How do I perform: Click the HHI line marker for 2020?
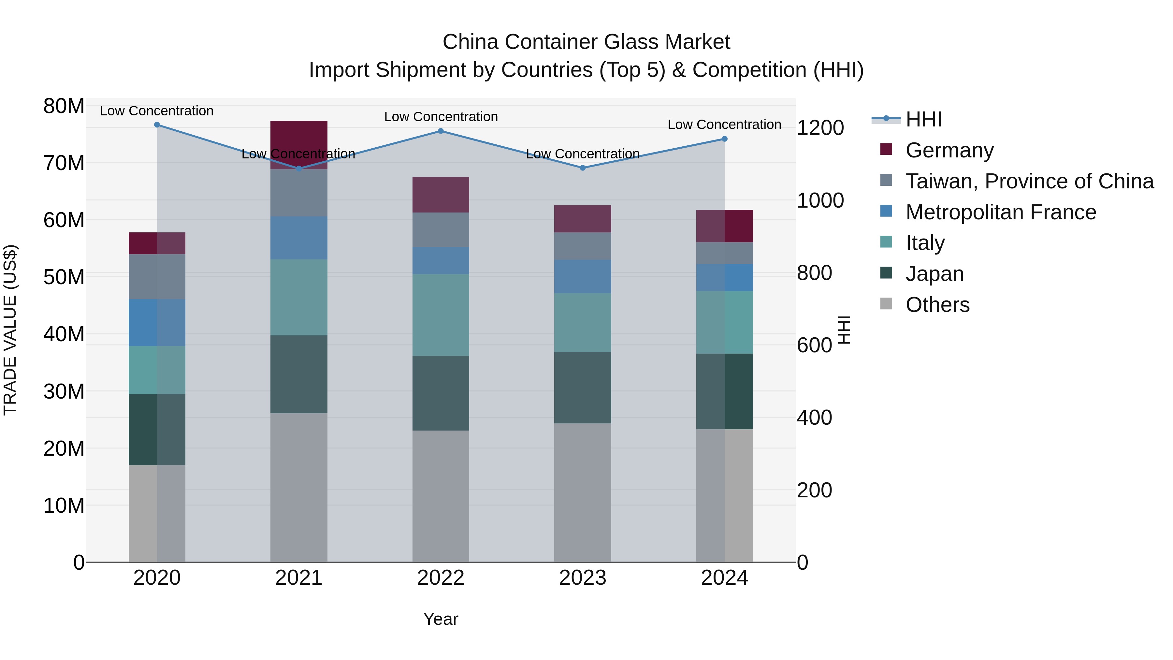[x=157, y=125]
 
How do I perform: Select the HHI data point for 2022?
[x=441, y=131]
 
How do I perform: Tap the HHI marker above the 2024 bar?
[x=724, y=139]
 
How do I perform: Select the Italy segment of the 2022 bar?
[x=441, y=315]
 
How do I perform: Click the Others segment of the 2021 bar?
[x=299, y=487]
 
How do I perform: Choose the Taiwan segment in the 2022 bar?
[x=441, y=230]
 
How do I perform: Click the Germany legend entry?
[x=949, y=150]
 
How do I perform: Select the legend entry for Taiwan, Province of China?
[x=1029, y=181]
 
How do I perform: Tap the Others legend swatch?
[x=886, y=304]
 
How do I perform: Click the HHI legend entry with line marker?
[x=923, y=119]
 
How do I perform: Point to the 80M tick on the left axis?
[x=64, y=106]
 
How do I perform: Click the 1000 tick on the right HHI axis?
[x=820, y=200]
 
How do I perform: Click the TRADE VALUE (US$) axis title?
[x=10, y=330]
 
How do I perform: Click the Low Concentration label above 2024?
[x=724, y=125]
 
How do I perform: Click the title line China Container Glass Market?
[x=586, y=42]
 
